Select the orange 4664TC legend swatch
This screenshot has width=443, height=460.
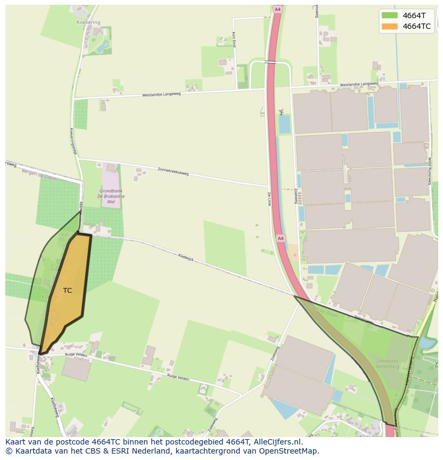[390, 26]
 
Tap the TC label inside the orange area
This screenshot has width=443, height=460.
[67, 291]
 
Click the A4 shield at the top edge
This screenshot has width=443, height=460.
[277, 9]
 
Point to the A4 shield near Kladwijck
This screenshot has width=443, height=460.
[280, 238]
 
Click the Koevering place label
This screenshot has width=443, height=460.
[89, 22]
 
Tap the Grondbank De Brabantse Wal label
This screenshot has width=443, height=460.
[111, 196]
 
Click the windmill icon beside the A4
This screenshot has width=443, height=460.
[281, 112]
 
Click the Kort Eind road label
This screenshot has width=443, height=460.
[234, 40]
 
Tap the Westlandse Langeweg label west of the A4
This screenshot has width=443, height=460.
[161, 95]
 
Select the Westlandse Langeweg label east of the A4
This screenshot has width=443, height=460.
[359, 84]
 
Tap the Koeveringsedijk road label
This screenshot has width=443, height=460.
[73, 141]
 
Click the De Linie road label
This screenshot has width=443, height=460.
[269, 199]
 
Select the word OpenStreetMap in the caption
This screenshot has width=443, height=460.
[289, 451]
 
